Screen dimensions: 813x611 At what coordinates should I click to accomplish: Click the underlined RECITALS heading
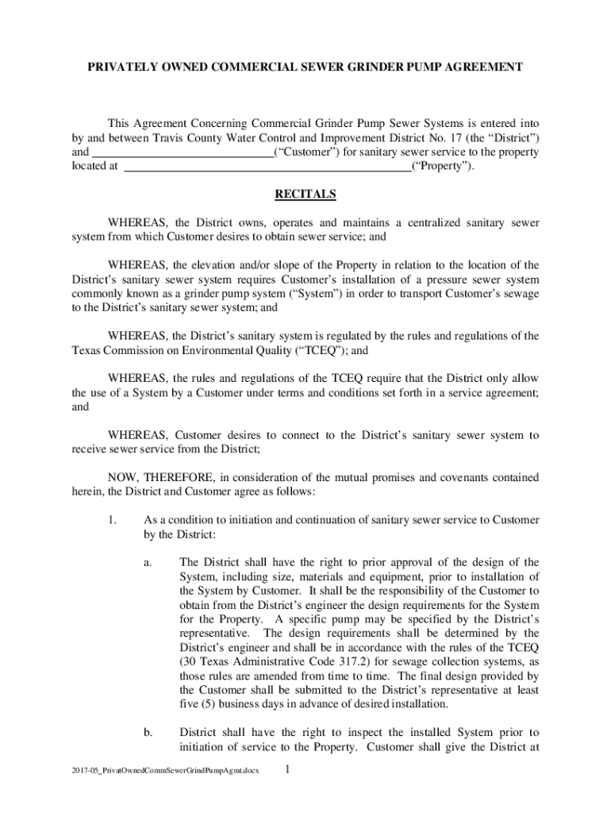coord(305,194)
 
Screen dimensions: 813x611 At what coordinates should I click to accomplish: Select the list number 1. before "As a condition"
coord(113,520)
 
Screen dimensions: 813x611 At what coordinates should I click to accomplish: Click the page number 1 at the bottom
coord(289,769)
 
